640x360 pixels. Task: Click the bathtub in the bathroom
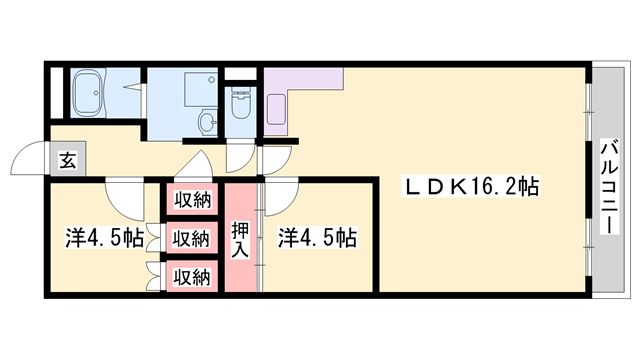click(x=91, y=94)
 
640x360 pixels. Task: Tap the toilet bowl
click(x=241, y=104)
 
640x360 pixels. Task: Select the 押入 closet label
click(x=240, y=239)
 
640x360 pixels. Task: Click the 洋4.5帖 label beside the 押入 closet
click(x=317, y=239)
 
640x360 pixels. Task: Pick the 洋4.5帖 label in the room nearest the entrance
click(x=104, y=239)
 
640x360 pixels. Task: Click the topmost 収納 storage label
click(x=192, y=200)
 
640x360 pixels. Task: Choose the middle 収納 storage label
click(x=192, y=238)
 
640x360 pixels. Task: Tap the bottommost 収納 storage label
click(x=192, y=275)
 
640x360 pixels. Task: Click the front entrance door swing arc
click(x=24, y=160)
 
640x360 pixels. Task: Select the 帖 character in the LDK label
click(x=530, y=186)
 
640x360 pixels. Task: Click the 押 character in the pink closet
click(x=240, y=229)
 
